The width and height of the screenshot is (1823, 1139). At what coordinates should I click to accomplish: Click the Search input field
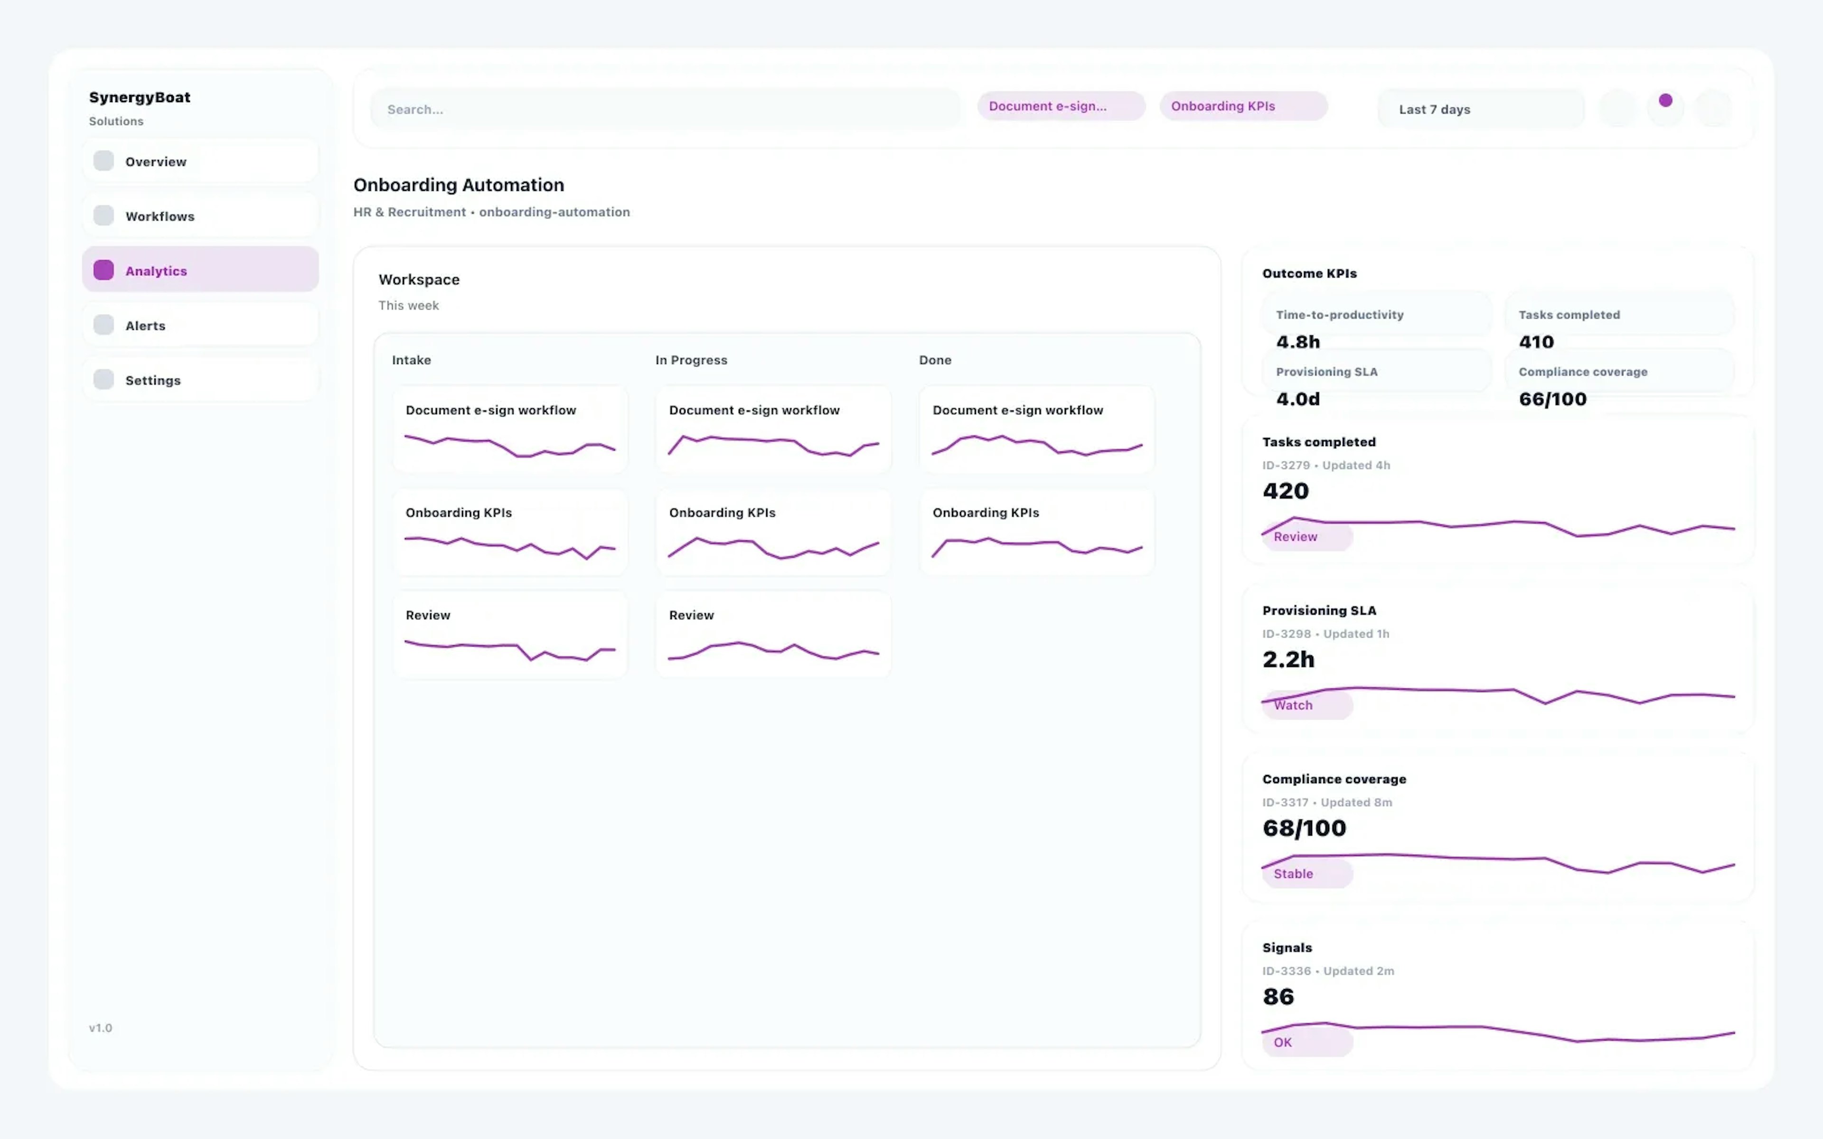coord(665,109)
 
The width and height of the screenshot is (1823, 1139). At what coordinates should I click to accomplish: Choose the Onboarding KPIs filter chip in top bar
coord(1243,106)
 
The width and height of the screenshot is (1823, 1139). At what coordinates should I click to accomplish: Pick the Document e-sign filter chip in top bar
coord(1061,106)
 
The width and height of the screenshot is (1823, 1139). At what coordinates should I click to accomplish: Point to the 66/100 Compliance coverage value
coord(1552,399)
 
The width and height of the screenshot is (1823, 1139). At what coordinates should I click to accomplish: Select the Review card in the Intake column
coord(510,635)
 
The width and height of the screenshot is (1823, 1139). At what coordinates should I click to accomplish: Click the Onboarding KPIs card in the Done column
coord(1036,532)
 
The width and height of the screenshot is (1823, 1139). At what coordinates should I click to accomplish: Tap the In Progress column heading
coord(691,360)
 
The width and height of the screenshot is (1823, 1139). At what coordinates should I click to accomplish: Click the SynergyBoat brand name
coord(140,97)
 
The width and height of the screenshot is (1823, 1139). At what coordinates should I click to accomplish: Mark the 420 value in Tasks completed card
coord(1285,491)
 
